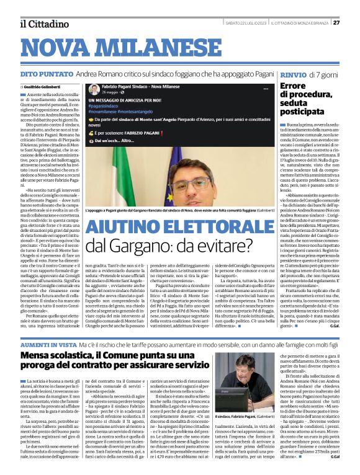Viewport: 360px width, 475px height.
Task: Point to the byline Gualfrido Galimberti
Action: click(46, 86)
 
